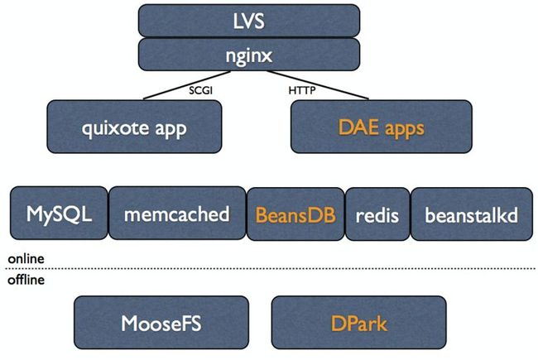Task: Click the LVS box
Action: coord(249,21)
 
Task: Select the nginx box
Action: coord(249,55)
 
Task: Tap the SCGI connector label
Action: coord(201,90)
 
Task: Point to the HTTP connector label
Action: coord(302,90)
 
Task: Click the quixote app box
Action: coord(134,127)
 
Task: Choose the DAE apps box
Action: coord(382,127)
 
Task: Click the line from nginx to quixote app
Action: coord(187,85)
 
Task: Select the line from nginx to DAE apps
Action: coord(318,85)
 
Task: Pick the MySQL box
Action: coord(59,214)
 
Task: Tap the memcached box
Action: coord(177,214)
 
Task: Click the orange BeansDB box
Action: coord(295,214)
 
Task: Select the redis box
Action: coord(377,214)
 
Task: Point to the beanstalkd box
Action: coord(472,214)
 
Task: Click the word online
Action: coord(26,259)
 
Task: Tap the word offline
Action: coord(26,280)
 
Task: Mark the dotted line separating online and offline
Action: coord(271,268)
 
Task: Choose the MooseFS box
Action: coord(161,323)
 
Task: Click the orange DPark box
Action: coord(359,323)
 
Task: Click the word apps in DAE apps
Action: coord(405,129)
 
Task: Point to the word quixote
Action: coord(116,129)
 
